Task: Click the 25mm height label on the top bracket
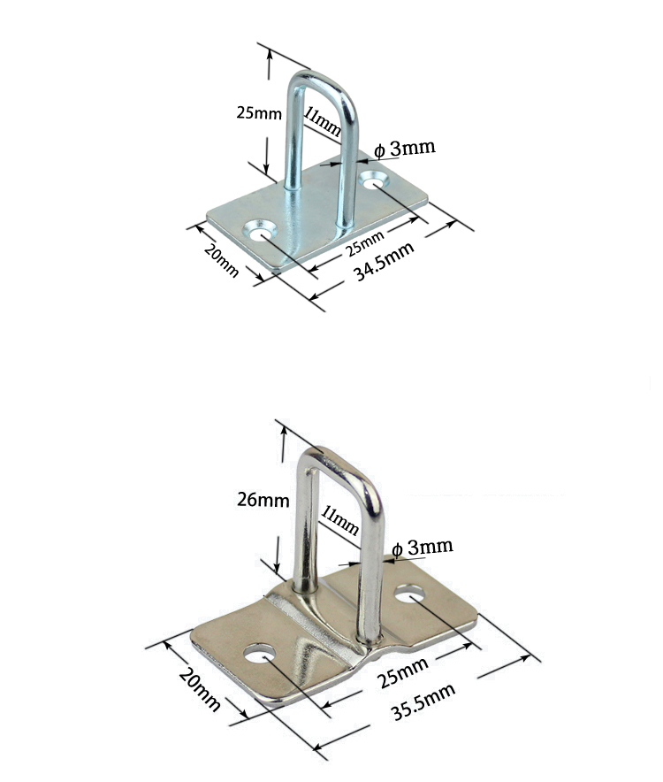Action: click(259, 113)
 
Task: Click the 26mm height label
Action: click(263, 500)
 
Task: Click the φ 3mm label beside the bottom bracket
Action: click(422, 547)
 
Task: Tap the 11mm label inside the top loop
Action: click(322, 123)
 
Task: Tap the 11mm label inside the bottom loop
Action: click(340, 520)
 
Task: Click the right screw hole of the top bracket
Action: click(373, 180)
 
